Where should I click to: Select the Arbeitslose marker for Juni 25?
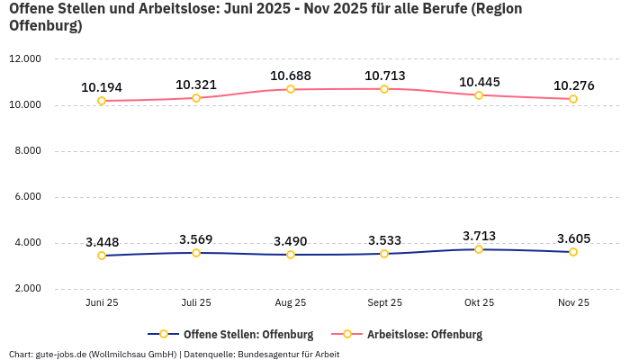[x=102, y=101]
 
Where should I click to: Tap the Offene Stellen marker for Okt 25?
[x=479, y=249]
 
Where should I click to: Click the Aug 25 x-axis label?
[x=290, y=303]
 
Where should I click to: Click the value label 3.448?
[x=102, y=242]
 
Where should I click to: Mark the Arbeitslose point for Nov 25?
[x=573, y=99]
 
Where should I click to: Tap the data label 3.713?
[x=479, y=236]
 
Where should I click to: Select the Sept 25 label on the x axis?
[x=384, y=303]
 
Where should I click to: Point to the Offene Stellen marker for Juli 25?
[x=196, y=253]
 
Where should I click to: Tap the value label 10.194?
[x=102, y=87]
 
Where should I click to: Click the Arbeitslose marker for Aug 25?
[x=290, y=89]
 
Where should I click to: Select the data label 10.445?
[x=479, y=82]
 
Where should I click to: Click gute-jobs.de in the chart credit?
[x=60, y=355]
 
